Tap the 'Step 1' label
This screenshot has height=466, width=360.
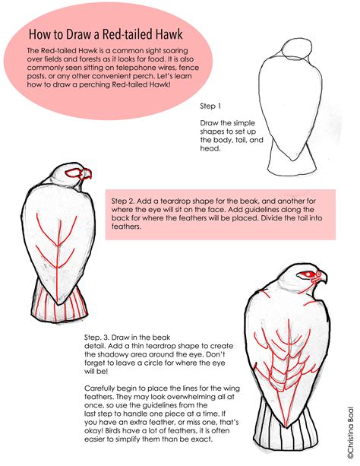click(x=210, y=106)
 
